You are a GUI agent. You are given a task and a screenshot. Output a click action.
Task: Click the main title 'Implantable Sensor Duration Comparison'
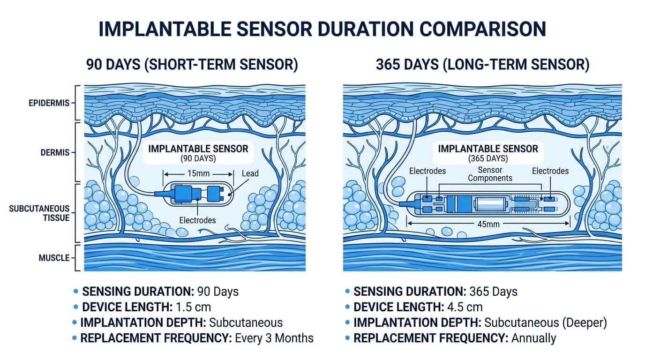(x=322, y=29)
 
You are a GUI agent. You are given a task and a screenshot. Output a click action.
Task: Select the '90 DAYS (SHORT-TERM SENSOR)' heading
(x=192, y=65)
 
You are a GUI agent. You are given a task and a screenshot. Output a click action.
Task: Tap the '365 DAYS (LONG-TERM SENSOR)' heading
(x=482, y=65)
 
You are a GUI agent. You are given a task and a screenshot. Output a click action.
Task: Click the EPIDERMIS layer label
(x=49, y=103)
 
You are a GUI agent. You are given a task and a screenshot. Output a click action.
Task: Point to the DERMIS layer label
(x=55, y=152)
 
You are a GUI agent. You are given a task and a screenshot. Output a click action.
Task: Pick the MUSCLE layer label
(x=54, y=258)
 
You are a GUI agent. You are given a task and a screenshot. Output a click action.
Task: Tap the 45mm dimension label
(x=487, y=224)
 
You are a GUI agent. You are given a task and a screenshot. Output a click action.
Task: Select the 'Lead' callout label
(x=250, y=173)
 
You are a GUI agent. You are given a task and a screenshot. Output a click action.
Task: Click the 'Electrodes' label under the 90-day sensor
(x=197, y=220)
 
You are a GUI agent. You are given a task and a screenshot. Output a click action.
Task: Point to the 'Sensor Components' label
(x=490, y=174)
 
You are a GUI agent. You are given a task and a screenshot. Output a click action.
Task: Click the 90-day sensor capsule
(x=197, y=193)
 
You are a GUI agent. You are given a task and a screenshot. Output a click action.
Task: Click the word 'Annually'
(x=533, y=338)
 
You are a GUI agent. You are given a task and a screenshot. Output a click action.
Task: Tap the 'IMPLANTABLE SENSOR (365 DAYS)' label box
(x=487, y=153)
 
